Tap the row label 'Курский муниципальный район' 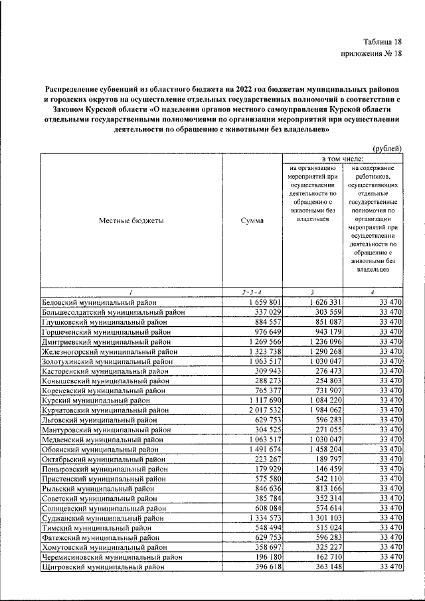pyautogui.click(x=100, y=400)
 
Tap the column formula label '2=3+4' pyautogui.click(x=252, y=292)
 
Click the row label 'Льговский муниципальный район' pyautogui.click(x=102, y=420)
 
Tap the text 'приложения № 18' pyautogui.click(x=371, y=56)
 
